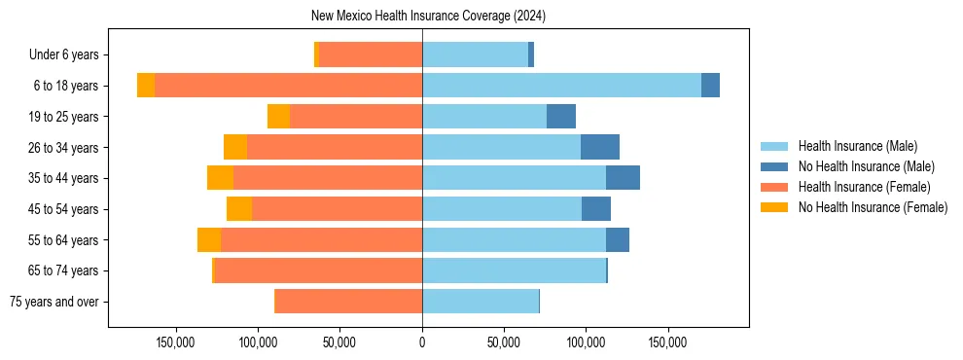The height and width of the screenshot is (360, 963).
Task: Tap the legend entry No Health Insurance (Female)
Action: pos(873,207)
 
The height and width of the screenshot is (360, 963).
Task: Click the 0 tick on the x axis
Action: pos(422,342)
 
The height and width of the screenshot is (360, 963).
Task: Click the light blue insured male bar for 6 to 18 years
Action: pos(561,86)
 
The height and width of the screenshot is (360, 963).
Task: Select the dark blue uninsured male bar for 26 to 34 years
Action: pos(600,147)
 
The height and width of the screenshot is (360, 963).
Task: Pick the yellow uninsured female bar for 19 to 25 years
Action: pos(278,117)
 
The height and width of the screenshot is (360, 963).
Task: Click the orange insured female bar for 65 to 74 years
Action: pos(318,270)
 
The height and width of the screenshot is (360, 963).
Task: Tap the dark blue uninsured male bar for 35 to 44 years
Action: pos(623,178)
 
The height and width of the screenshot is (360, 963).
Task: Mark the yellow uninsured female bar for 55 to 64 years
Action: pos(209,239)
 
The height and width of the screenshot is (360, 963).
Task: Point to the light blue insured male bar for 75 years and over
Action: pos(481,302)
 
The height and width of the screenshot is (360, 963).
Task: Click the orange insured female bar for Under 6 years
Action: pos(371,55)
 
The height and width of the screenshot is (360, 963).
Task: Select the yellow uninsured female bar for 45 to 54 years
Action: pos(239,209)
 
